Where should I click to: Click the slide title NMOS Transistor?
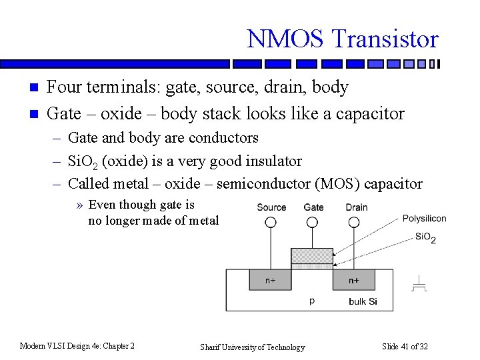(x=343, y=39)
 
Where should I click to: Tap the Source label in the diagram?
(x=271, y=207)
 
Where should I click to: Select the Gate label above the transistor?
(x=313, y=207)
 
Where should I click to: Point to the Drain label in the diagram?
(x=357, y=207)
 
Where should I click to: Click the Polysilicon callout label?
(x=425, y=219)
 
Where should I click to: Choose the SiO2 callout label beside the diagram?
(x=425, y=237)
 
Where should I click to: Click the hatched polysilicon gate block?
(x=312, y=256)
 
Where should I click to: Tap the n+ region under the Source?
(x=271, y=280)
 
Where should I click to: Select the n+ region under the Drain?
(x=353, y=280)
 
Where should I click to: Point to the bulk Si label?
(x=363, y=301)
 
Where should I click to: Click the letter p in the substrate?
(x=312, y=301)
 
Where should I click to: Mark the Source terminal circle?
(x=271, y=223)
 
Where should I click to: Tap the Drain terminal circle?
(x=355, y=223)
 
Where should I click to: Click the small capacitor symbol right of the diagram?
(x=419, y=285)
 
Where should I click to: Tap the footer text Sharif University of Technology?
(x=253, y=347)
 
